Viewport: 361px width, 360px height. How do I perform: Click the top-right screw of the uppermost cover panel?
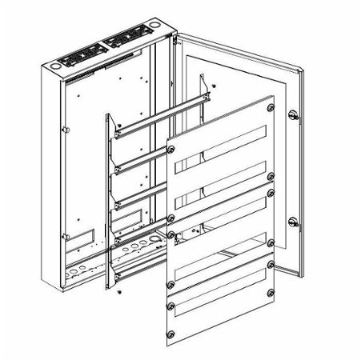271,106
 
